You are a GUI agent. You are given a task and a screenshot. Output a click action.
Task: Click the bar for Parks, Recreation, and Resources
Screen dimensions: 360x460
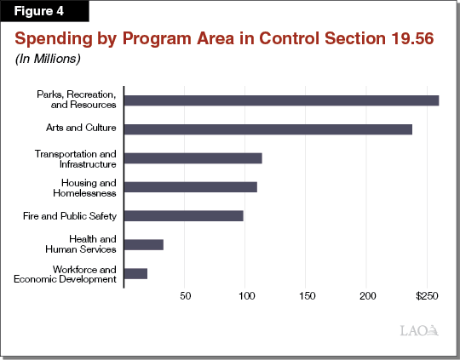281,100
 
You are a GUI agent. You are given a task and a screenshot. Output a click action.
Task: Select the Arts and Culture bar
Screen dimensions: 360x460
268,129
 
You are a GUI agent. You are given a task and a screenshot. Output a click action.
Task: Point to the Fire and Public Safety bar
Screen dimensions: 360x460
183,215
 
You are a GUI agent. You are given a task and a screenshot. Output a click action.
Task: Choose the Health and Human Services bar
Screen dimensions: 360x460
143,244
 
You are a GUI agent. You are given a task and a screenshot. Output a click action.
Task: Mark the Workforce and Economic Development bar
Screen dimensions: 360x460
135,273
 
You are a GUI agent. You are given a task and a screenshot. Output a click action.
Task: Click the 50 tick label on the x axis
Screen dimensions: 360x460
185,296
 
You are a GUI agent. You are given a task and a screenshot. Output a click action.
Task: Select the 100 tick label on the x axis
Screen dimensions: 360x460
245,296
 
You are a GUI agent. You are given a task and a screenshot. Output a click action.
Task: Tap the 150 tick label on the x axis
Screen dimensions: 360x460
307,296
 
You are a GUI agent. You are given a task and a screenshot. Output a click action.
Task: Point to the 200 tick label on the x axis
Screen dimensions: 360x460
367,296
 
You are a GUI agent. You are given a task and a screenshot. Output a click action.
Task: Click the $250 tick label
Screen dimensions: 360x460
426,296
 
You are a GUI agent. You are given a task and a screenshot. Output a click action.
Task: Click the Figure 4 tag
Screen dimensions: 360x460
37,13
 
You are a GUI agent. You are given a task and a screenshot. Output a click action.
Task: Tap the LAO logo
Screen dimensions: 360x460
419,331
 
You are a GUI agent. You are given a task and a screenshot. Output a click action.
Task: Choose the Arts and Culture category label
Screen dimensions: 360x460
81,129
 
